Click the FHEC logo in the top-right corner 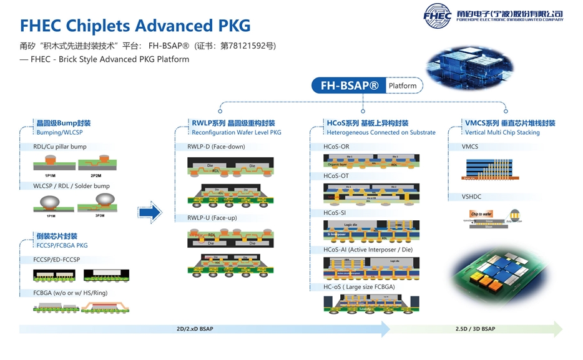tap(437, 15)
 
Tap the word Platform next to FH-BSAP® tap(403, 85)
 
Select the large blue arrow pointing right tap(150, 213)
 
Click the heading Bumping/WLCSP tap(60, 132)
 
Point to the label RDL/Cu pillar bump tap(60, 147)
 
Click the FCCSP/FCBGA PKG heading tap(62, 245)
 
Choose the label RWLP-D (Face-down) tap(216, 147)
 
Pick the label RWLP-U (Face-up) tap(212, 218)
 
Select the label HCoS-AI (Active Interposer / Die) tap(368, 250)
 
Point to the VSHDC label tap(471, 197)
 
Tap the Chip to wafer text tap(481, 214)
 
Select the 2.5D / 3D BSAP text tap(476, 329)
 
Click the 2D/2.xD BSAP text tap(195, 329)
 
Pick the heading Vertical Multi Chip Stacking tap(502, 132)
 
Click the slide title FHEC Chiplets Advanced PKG tap(135, 26)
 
